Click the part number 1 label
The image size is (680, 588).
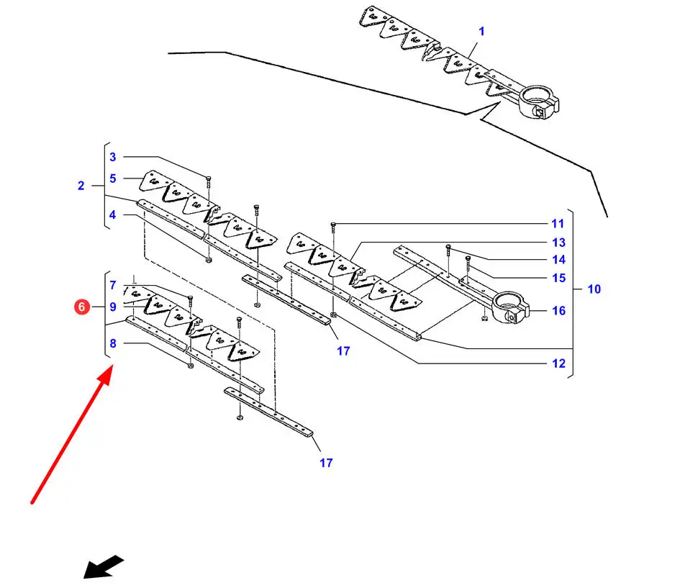[x=481, y=31]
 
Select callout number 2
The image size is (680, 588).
[x=81, y=186]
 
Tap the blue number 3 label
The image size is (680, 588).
[x=112, y=157]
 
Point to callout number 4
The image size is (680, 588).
[x=112, y=214]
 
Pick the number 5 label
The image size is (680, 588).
[x=112, y=178]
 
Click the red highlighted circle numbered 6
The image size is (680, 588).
[x=81, y=307]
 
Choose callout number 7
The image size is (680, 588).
[x=112, y=285]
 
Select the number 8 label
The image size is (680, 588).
[x=112, y=344]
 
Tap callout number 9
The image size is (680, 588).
[x=112, y=307]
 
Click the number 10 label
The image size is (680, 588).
[x=594, y=289]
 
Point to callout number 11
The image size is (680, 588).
[x=558, y=224]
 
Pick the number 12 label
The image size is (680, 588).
[x=558, y=363]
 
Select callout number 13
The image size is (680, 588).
[x=558, y=243]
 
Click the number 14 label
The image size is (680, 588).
[x=558, y=260]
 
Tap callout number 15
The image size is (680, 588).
[x=558, y=278]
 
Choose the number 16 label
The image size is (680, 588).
[x=558, y=311]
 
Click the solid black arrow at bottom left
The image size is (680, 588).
[x=103, y=567]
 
